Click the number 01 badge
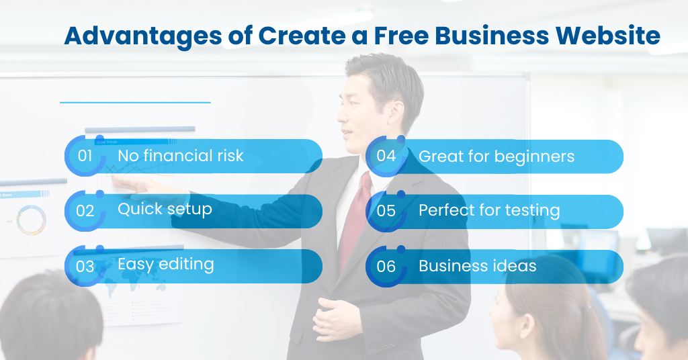[x=85, y=156]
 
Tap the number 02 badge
[x=85, y=211]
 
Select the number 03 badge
[x=85, y=266]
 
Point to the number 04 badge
[x=386, y=156]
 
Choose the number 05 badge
[x=386, y=211]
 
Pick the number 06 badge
[x=386, y=266]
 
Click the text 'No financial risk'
[x=180, y=156]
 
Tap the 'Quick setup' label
[x=165, y=209]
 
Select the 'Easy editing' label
[x=165, y=264]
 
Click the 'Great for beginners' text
[x=496, y=156]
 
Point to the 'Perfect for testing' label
[x=488, y=210]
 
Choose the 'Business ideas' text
[x=477, y=266]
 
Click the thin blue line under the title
[x=135, y=103]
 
